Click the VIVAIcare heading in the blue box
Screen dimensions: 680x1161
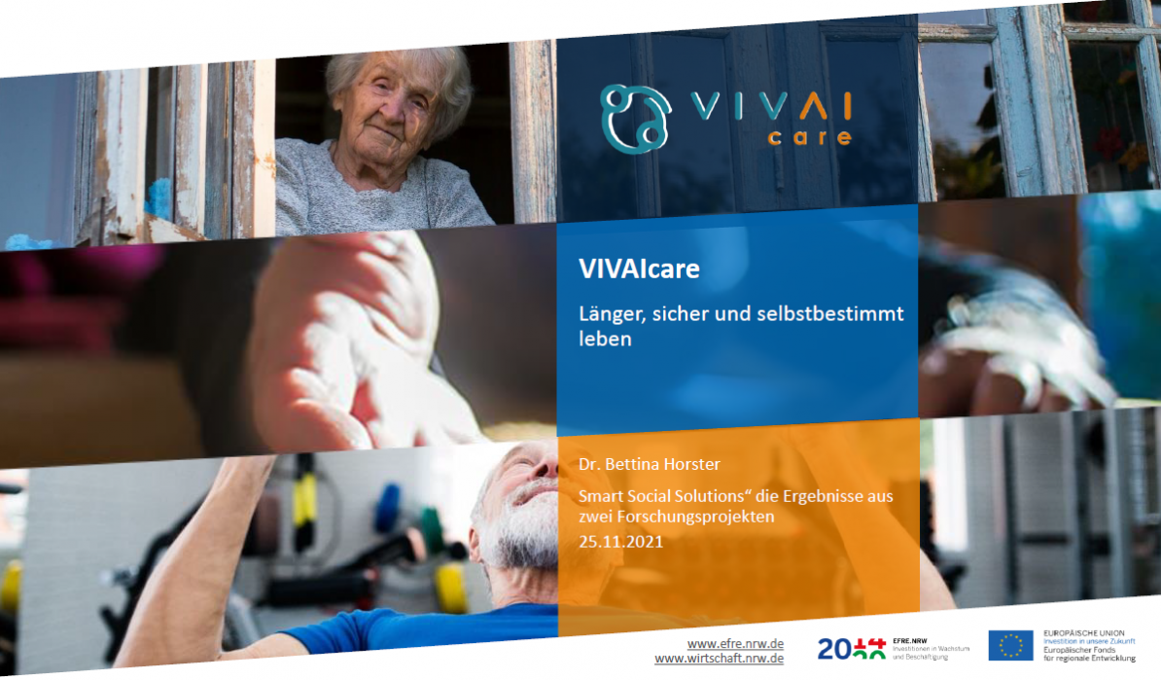coord(639,269)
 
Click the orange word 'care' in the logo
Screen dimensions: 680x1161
coord(809,137)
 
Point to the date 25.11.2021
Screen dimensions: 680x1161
coord(620,541)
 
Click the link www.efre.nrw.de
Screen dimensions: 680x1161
coord(735,643)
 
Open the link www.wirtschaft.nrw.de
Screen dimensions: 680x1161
coord(719,659)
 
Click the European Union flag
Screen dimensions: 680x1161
coord(1010,645)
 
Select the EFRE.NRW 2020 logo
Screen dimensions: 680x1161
coord(852,648)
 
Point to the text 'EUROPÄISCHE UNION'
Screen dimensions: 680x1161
coord(1083,633)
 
